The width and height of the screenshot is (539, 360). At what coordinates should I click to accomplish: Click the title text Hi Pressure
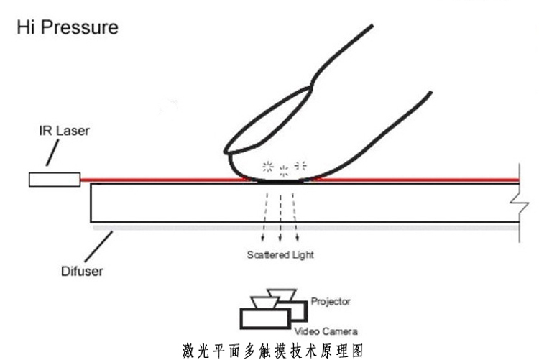pos(65,29)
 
